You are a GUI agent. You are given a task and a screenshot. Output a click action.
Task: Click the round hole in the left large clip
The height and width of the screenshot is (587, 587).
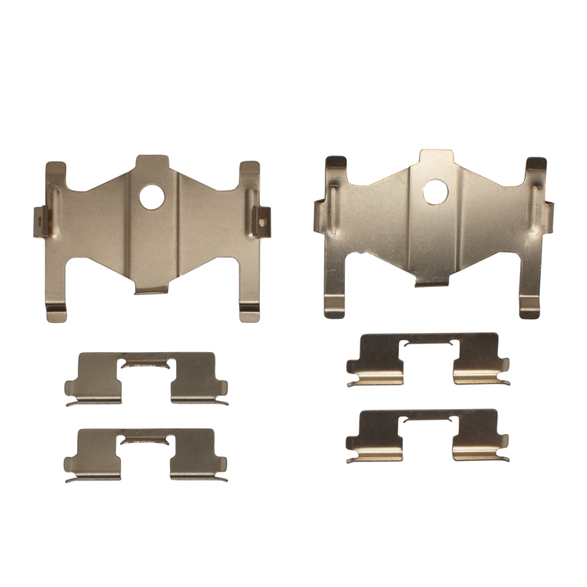pos(153,196)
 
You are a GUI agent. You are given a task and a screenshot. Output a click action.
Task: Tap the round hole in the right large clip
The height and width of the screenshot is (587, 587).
pos(435,192)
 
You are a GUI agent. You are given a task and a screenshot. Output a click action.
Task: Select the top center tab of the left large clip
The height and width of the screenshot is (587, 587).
pos(153,164)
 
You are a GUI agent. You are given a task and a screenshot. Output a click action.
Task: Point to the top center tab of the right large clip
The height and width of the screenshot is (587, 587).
pos(436,158)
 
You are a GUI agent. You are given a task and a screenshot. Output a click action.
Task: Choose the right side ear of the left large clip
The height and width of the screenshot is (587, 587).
pos(262,218)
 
